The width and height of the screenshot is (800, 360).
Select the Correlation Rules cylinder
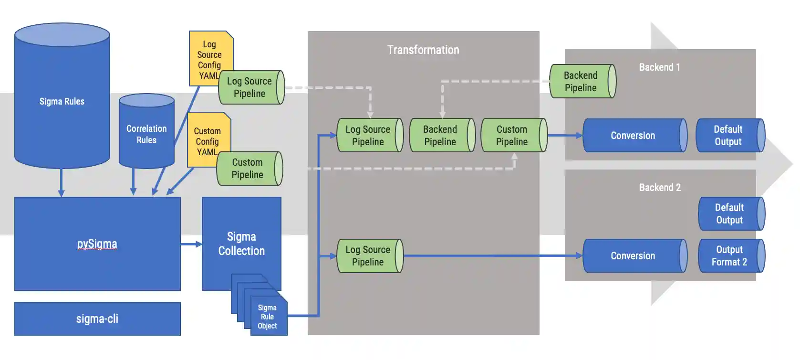coord(146,134)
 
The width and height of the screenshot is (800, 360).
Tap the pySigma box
coord(97,244)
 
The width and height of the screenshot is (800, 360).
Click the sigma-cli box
coord(97,318)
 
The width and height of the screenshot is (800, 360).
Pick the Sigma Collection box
coord(241,244)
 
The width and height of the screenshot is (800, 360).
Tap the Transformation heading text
coord(423,50)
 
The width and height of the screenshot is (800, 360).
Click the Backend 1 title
coord(660,67)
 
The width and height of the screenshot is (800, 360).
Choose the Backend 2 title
coord(660,188)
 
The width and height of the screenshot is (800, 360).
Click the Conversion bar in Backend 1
coord(634,136)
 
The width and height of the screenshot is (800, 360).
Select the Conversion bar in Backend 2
coord(634,256)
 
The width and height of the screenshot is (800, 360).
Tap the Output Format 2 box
coord(730,256)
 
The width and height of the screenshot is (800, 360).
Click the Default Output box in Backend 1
coord(728,136)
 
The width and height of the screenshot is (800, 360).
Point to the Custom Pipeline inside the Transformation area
coord(512,136)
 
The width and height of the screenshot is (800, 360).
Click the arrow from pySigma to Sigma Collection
coord(191,244)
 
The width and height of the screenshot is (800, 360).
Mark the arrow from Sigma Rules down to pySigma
coord(61,181)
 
